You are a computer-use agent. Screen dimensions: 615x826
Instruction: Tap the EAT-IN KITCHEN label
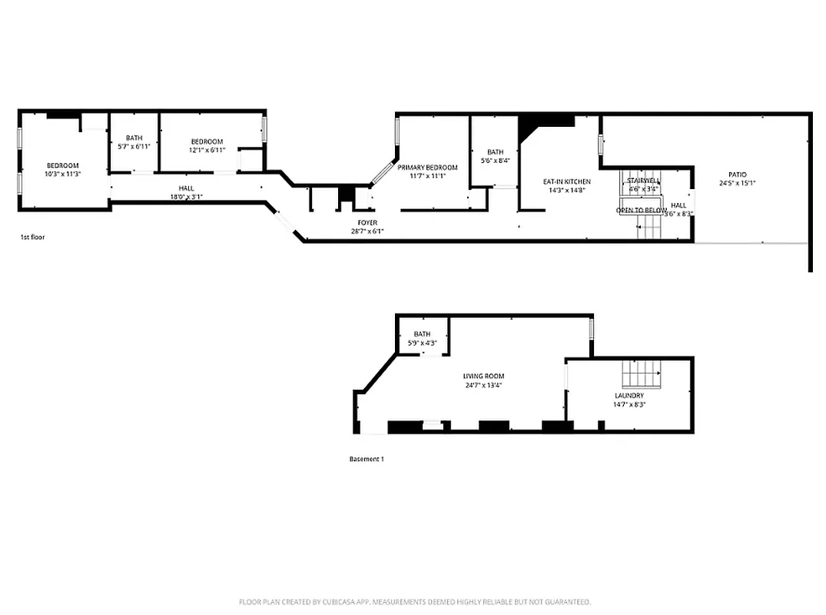coord(566,181)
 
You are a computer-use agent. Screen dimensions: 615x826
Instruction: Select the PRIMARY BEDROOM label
coord(427,168)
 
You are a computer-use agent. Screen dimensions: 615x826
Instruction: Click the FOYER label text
coord(367,222)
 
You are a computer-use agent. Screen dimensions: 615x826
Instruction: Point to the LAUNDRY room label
coord(629,395)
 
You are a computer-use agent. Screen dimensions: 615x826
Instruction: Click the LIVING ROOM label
coord(483,376)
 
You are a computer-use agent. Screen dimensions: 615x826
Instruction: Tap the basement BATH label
coord(422,334)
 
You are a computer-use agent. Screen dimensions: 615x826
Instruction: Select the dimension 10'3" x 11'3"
coord(62,175)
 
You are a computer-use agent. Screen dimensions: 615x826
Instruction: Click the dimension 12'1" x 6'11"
coord(207,150)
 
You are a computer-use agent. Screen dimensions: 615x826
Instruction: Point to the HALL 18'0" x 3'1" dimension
coord(186,197)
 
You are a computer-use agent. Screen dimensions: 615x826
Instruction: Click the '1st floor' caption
coord(32,238)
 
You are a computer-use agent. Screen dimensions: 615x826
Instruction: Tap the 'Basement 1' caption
coord(366,459)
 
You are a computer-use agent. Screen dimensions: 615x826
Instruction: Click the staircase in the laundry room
coord(642,374)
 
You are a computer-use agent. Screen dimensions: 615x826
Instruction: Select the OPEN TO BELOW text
coord(641,210)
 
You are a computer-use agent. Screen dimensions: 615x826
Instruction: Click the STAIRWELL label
coord(643,180)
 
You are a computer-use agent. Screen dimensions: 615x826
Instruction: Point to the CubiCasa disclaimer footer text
coord(414,602)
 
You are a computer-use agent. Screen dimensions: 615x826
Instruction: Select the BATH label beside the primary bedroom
coord(495,152)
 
